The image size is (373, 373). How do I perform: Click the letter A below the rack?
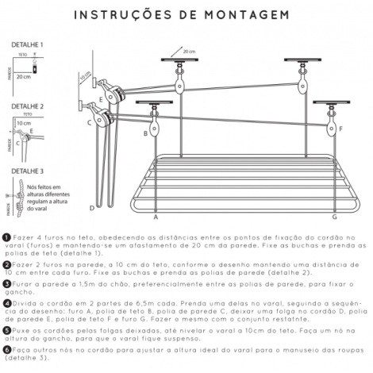click(x=156, y=216)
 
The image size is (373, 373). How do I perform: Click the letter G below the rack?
click(x=333, y=216)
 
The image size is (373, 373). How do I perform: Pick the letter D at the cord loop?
click(x=92, y=208)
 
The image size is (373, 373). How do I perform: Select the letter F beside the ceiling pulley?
click(x=340, y=128)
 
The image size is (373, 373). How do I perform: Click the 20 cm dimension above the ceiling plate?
click(x=189, y=50)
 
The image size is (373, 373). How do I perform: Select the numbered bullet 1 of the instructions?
click(x=6, y=237)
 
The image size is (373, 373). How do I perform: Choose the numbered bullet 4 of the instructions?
click(x=6, y=302)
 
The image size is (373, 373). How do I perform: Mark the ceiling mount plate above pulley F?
click(x=327, y=103)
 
